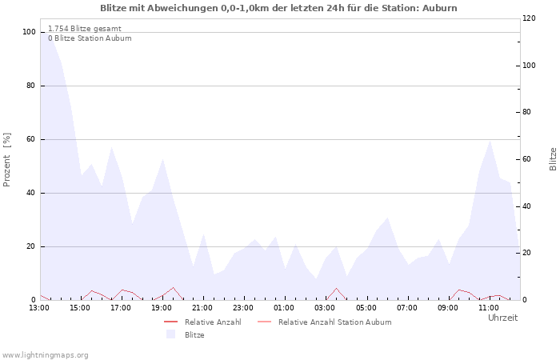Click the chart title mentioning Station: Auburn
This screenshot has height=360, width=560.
point(278,8)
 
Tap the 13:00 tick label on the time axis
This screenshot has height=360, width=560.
point(39,308)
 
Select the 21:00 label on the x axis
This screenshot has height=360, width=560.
point(202,308)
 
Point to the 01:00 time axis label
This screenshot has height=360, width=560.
point(284,308)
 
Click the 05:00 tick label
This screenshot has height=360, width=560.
point(366,308)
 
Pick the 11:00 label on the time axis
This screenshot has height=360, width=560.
point(489,308)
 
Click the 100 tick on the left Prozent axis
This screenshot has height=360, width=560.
point(30,32)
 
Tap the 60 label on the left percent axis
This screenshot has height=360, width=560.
point(31,139)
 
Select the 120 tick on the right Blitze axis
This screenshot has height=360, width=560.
point(529,18)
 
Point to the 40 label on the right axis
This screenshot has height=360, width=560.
point(527,206)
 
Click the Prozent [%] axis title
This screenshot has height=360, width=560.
point(6,160)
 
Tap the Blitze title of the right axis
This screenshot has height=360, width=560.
point(553,159)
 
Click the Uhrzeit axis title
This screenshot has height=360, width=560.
point(503,318)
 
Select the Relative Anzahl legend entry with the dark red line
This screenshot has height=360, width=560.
point(202,322)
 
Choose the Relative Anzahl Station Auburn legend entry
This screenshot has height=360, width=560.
point(324,322)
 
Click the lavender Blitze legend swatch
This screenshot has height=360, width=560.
point(170,334)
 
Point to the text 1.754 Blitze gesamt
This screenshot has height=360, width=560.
point(85,29)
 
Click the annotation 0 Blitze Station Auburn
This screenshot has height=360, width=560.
point(90,38)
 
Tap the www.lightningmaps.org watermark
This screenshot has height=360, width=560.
point(45,355)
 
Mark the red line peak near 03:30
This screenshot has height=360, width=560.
point(336,288)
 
